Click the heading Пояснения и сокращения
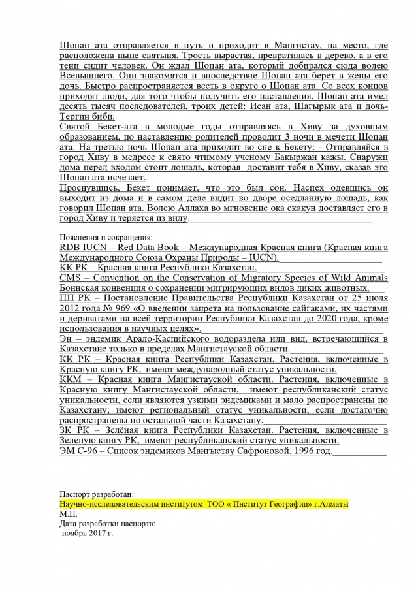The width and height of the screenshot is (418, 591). click(x=105, y=238)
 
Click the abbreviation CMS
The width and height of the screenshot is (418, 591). click(x=71, y=278)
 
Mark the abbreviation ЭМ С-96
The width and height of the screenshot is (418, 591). click(x=79, y=451)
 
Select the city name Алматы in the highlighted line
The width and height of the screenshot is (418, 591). click(x=332, y=505)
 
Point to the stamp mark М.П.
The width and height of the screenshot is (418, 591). click(x=67, y=515)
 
